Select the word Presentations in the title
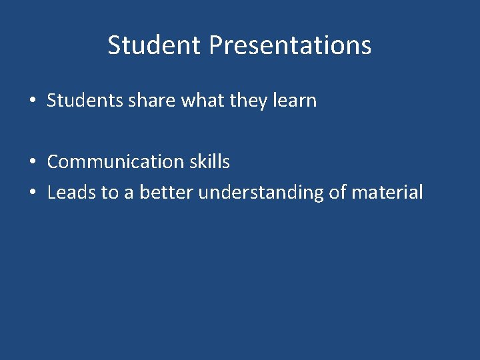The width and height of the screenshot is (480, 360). point(290,45)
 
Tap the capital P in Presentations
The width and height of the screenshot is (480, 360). point(215,45)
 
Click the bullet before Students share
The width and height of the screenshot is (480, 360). point(32,101)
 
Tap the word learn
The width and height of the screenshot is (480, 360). point(295,101)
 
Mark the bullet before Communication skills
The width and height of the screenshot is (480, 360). point(32,162)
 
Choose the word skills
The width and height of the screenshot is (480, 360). point(209,161)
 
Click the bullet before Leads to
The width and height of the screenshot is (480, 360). point(32,193)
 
